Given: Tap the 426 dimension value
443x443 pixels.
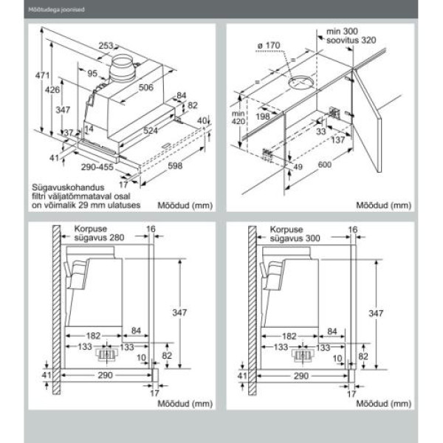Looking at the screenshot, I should coord(52,90).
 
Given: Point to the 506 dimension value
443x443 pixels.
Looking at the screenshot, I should coord(145,88).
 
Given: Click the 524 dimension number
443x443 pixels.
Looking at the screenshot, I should coord(151,131).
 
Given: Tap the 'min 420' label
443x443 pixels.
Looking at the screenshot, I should coord(237,118).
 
